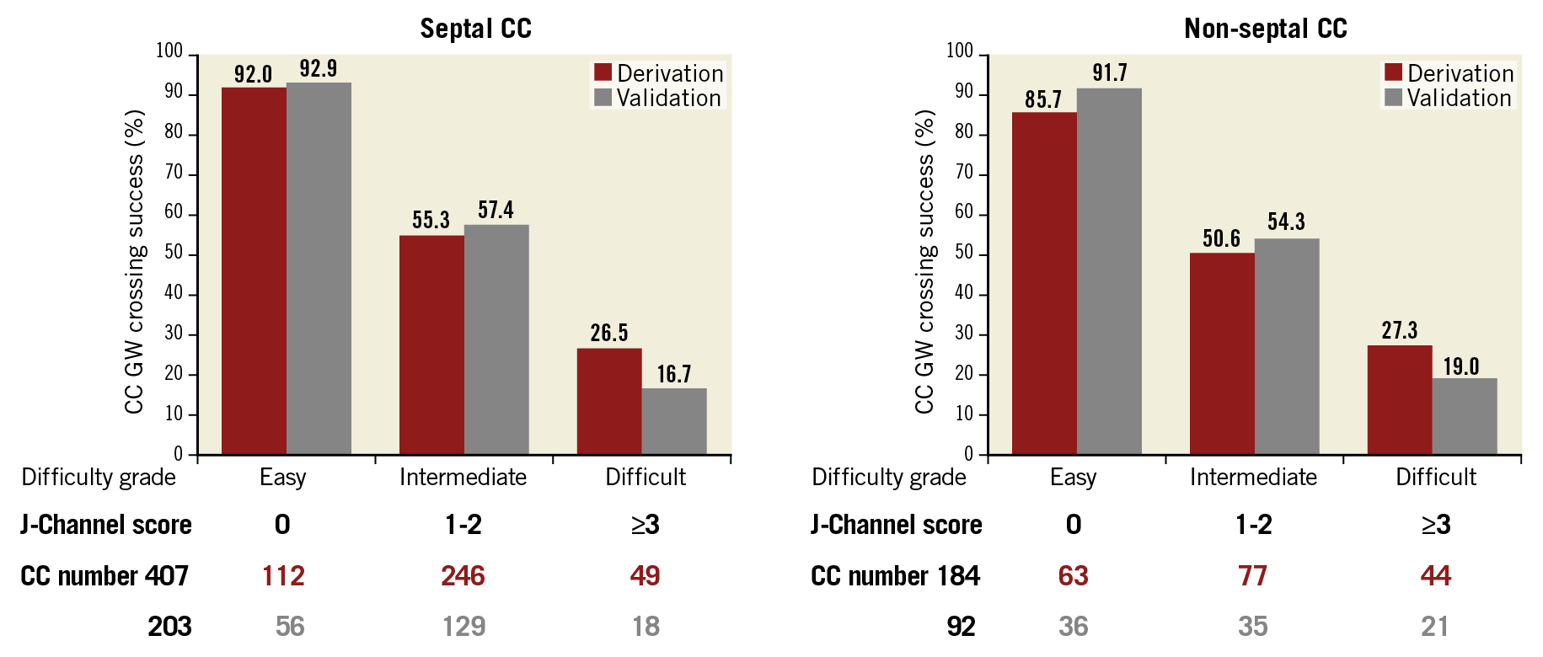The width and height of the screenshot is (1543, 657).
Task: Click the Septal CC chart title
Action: click(475, 29)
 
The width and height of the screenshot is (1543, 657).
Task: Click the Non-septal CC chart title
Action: click(1265, 29)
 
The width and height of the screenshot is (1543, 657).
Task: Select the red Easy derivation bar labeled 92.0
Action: click(254, 270)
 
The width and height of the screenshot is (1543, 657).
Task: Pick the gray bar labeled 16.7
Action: click(674, 421)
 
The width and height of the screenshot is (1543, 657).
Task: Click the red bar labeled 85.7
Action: click(1044, 283)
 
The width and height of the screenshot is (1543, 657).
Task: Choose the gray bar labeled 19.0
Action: click(1465, 416)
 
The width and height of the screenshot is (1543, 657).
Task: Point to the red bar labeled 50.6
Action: click(1222, 354)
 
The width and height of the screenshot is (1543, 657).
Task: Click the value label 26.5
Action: click(608, 333)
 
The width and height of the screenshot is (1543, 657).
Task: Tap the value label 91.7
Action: click(1109, 73)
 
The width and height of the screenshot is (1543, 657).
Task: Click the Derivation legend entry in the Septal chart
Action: click(659, 73)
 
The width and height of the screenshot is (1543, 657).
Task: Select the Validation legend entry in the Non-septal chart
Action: click(1449, 98)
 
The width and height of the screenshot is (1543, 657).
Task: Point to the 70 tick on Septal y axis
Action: click(174, 174)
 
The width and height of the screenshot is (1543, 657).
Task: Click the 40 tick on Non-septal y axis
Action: click(964, 293)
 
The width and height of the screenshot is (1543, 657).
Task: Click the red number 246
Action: click(463, 575)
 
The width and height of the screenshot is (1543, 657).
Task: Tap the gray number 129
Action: click(463, 626)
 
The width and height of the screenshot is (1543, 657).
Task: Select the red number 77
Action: click(1253, 575)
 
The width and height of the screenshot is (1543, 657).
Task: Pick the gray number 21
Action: click(1434, 626)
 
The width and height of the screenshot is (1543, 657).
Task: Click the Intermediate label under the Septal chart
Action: click(463, 477)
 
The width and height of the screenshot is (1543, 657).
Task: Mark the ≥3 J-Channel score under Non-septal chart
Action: click(1436, 525)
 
